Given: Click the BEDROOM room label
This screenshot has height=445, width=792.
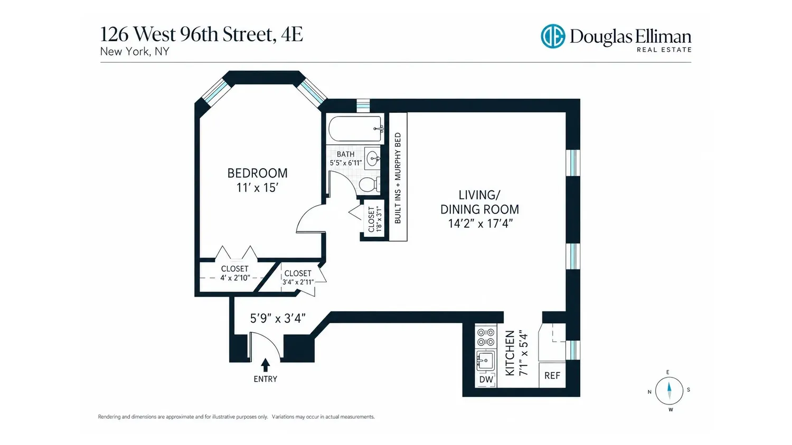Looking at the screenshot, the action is coord(258,173).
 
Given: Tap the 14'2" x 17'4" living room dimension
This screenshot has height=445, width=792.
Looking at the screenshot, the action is coord(480,224).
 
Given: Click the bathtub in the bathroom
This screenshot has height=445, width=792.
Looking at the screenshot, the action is coord(355,129).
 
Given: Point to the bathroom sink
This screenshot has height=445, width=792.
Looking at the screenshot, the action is coord(373,158).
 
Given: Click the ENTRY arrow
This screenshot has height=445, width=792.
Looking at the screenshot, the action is coord(266,365).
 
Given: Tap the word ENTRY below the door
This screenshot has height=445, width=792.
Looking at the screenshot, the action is coord(265,379).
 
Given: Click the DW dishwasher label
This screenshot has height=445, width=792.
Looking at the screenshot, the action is coord(486,379).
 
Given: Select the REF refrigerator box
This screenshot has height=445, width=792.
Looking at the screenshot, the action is coord(552,375).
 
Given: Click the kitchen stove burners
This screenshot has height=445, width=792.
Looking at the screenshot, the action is coord(486,337).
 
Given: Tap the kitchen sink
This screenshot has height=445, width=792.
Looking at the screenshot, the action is coord(485,361).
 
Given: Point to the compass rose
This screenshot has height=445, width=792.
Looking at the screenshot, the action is coord(669,391).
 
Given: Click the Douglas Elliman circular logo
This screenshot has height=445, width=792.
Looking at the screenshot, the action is coord(553,36).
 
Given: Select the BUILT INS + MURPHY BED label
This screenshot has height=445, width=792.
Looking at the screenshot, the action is coord(398,178).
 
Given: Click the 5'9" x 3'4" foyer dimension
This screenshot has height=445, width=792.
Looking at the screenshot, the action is coord(278,318).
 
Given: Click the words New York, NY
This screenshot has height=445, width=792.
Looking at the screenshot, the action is coord(135,52).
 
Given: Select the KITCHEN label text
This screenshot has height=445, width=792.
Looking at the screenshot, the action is coord(510,353).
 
